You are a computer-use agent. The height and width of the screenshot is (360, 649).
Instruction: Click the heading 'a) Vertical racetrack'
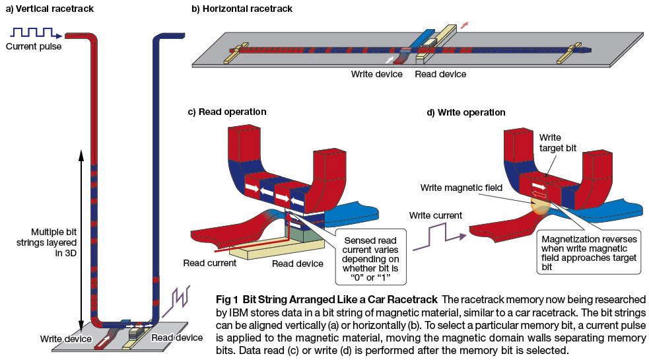[50, 9]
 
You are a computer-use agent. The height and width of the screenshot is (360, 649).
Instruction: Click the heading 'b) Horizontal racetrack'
[242, 9]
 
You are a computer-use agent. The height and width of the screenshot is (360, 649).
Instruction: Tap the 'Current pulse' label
[34, 46]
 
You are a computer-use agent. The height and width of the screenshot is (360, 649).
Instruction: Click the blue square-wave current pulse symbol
[36, 32]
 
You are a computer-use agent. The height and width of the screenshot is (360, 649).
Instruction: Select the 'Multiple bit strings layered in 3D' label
[46, 242]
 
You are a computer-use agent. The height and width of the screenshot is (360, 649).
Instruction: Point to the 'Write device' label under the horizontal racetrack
[376, 74]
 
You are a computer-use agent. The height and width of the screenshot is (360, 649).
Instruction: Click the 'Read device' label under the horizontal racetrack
[440, 74]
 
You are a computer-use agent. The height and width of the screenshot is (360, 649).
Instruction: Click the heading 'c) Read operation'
[227, 112]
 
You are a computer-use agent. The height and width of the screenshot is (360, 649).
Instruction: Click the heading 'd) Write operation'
[465, 113]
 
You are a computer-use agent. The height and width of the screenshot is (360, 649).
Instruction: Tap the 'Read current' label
[210, 263]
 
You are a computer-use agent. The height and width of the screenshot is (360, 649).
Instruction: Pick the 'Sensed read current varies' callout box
[370, 256]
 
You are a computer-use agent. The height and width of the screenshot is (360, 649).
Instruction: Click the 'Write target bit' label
[557, 143]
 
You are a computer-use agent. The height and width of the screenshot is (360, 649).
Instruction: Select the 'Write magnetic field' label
[461, 188]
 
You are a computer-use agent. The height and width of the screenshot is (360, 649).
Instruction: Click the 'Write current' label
[436, 215]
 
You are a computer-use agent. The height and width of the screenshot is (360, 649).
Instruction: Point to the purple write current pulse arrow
[440, 236]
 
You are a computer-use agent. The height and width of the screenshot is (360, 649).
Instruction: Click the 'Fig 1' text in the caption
[227, 299]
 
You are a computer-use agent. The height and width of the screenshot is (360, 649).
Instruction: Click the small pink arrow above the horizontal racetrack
[464, 25]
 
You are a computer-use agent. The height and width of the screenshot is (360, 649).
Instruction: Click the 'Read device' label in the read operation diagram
[298, 264]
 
